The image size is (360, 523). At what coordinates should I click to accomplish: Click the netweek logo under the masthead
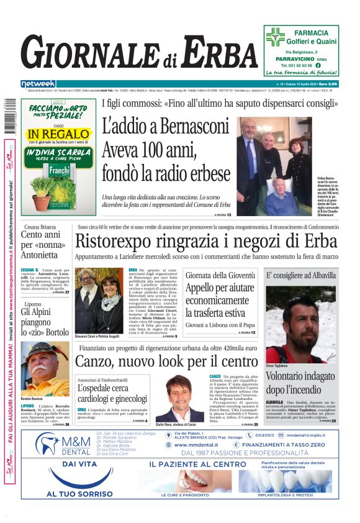[38, 84]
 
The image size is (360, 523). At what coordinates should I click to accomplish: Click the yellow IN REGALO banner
[58, 134]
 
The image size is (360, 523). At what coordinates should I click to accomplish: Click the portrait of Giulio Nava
[180, 398]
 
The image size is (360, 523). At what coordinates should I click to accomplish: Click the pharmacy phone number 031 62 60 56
[297, 65]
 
